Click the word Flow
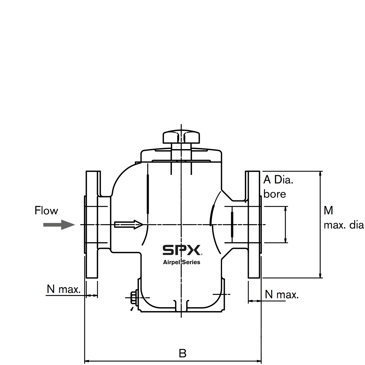[46, 210]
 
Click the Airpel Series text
[182, 262]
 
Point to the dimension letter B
[182, 353]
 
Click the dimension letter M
[328, 210]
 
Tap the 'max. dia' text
[344, 225]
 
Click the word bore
[275, 194]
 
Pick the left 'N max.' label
[64, 289]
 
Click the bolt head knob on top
[182, 137]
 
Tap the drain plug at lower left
[133, 298]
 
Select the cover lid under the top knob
[182, 155]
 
